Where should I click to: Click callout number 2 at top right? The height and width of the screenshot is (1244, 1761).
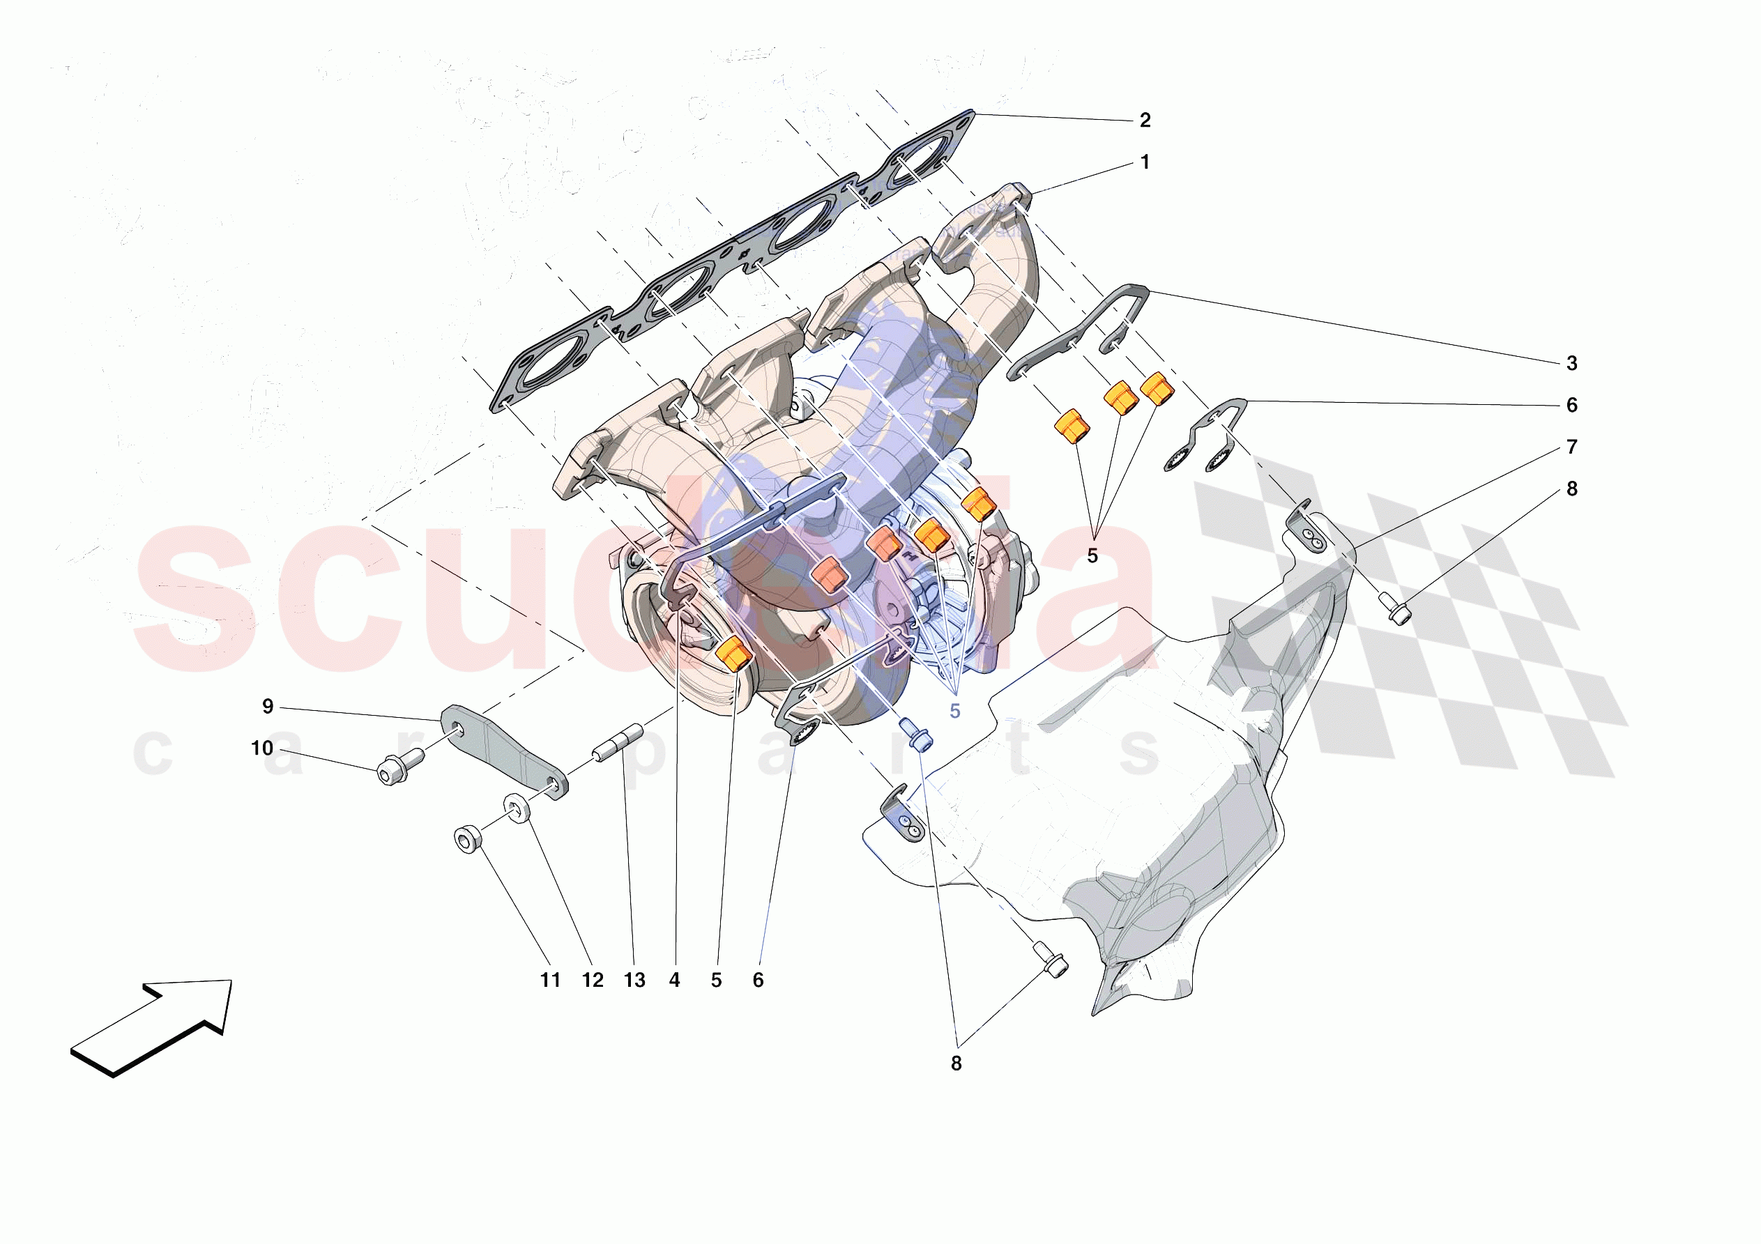click(x=1144, y=121)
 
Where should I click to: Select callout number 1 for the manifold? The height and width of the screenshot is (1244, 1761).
click(x=1144, y=162)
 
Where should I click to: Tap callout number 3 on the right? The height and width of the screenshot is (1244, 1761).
click(x=1571, y=364)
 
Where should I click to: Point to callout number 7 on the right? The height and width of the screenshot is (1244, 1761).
click(x=1571, y=447)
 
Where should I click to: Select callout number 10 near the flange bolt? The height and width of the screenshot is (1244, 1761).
click(x=262, y=748)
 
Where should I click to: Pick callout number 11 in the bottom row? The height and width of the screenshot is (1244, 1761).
click(x=550, y=980)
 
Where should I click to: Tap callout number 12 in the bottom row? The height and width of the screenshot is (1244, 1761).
click(x=592, y=980)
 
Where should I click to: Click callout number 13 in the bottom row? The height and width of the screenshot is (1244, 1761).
click(x=634, y=980)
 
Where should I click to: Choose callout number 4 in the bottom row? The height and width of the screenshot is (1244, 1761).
click(x=674, y=980)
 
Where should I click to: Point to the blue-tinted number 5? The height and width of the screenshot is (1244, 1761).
click(x=955, y=711)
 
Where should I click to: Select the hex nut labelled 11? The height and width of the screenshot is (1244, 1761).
click(x=466, y=838)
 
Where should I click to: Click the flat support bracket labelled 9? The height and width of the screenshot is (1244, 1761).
click(x=504, y=751)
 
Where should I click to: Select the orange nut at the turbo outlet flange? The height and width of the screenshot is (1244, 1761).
click(x=733, y=654)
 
